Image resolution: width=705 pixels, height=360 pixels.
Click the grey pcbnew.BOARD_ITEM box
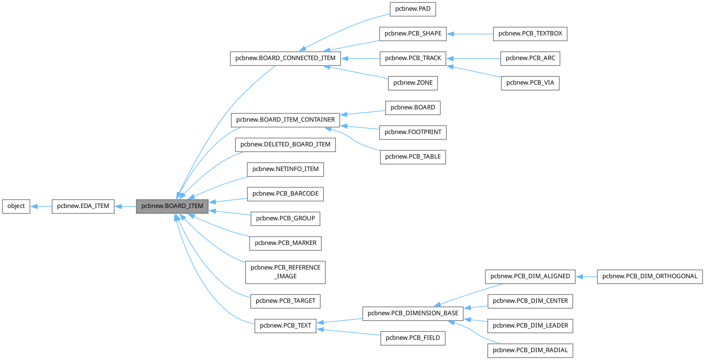[172, 206]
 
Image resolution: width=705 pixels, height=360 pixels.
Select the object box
[16, 206]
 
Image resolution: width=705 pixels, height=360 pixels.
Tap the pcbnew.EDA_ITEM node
[83, 206]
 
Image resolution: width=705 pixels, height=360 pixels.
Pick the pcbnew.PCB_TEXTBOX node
[530, 34]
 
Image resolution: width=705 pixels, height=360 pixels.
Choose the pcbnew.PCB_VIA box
[530, 83]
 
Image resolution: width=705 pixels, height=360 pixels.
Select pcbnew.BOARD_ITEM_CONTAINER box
[285, 120]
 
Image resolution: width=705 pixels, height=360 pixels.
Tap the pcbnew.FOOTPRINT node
[413, 132]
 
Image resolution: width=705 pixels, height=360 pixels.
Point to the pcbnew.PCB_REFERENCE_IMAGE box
[285, 272]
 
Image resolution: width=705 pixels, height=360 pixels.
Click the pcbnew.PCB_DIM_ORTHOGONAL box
[650, 276]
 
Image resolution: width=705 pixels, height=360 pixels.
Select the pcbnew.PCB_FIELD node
[413, 338]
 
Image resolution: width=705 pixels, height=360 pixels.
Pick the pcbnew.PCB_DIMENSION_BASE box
[413, 313]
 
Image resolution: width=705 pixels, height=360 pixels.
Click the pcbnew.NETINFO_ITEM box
[285, 169]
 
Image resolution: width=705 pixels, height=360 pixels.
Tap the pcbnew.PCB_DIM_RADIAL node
[530, 350]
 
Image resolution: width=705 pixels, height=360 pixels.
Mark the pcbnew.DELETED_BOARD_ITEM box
[285, 144]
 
